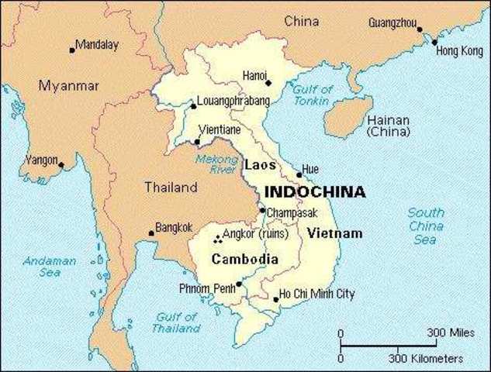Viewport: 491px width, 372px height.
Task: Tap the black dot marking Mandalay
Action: click(x=72, y=50)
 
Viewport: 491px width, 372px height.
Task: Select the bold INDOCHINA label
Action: click(x=315, y=191)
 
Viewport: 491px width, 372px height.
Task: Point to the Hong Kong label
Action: click(x=458, y=51)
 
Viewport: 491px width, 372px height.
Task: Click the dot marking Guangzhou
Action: click(x=420, y=30)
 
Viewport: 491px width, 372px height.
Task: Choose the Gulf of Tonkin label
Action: click(x=313, y=95)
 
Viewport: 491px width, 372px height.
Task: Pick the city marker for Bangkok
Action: click(x=152, y=233)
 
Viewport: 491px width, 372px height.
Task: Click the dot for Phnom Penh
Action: click(x=239, y=284)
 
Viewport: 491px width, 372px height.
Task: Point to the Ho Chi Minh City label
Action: click(x=316, y=294)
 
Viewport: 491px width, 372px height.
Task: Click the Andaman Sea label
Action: click(x=50, y=267)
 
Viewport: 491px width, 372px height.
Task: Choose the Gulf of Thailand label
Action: click(x=178, y=322)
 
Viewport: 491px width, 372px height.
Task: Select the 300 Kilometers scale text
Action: click(x=426, y=359)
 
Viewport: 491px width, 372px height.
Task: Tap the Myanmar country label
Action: click(x=69, y=86)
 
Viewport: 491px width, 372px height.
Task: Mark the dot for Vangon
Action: click(x=61, y=164)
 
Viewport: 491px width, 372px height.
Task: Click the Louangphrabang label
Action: click(x=233, y=102)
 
